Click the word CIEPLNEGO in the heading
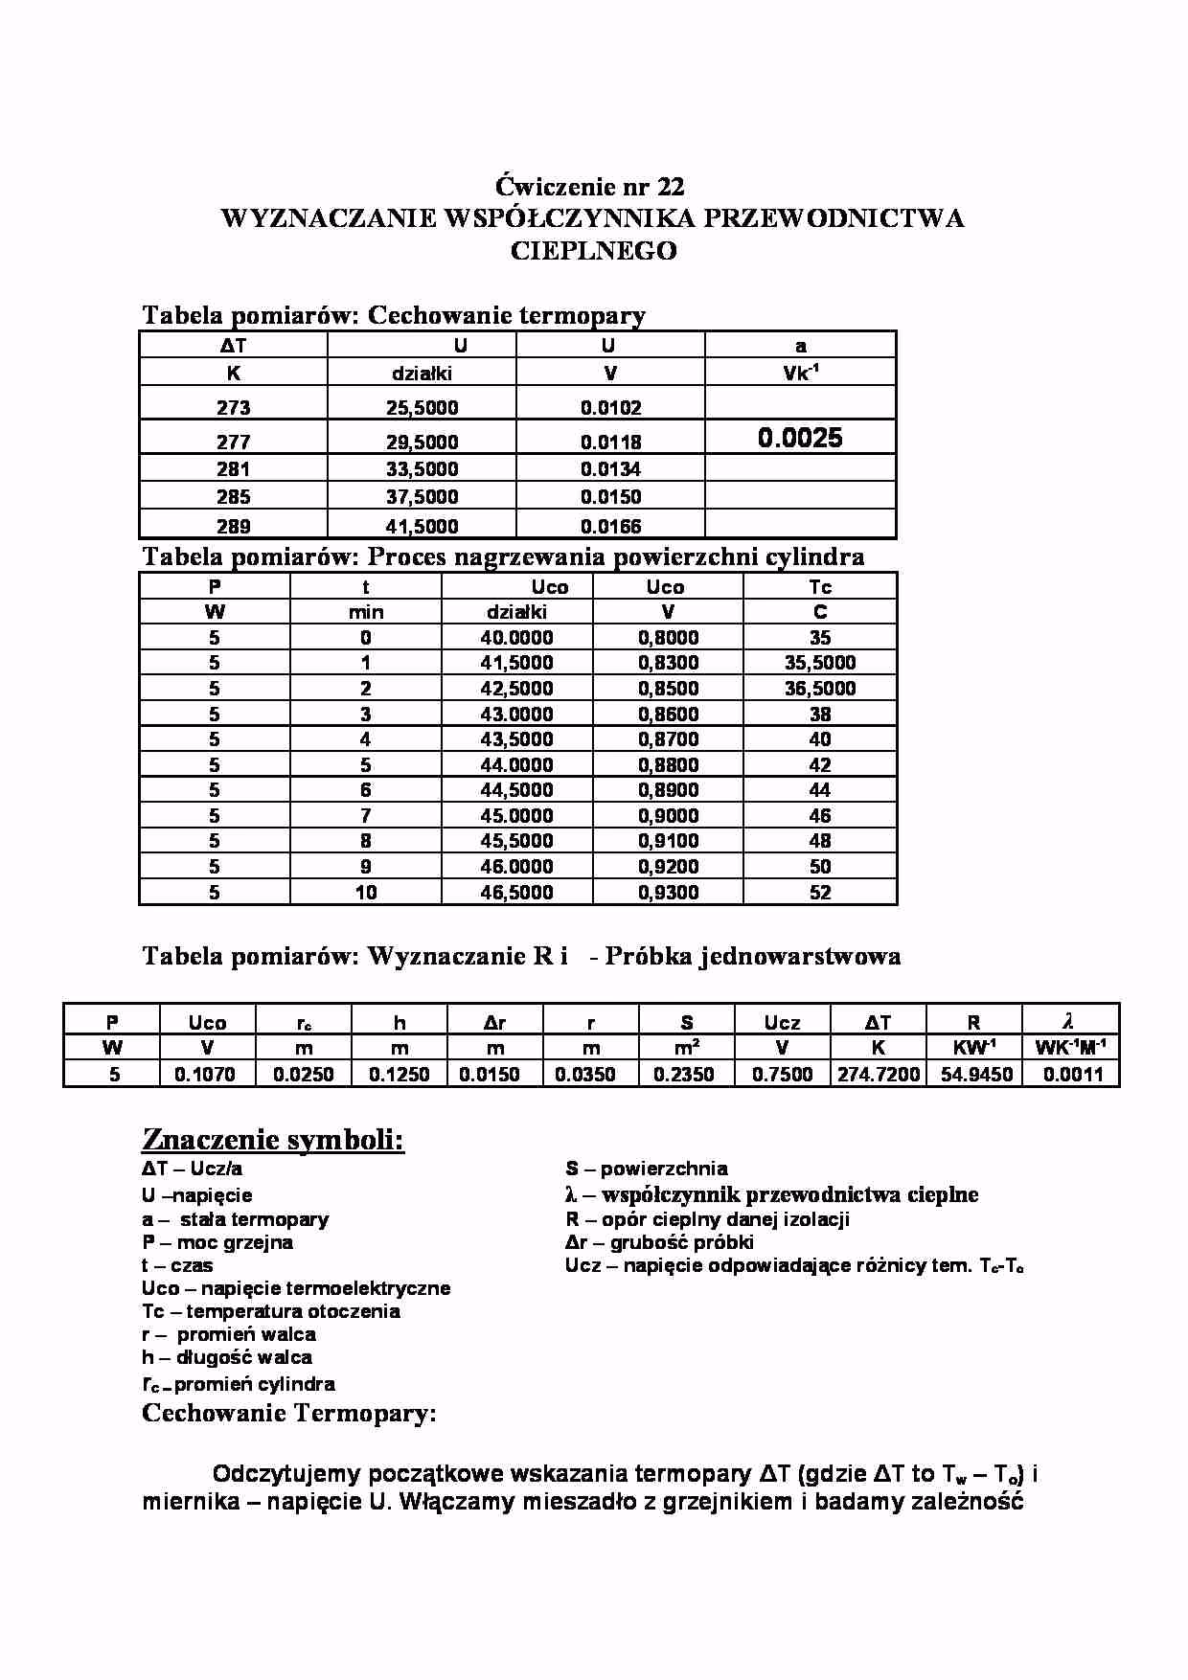[593, 251]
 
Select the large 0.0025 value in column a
[800, 439]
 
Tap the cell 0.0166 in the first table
[610, 526]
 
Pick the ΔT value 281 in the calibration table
[233, 469]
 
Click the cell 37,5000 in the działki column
[422, 497]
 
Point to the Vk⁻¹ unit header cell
[800, 374]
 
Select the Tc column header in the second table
[819, 587]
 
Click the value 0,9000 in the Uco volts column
[668, 816]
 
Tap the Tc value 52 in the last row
[819, 893]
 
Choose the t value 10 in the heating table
[365, 893]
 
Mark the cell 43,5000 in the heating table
[516, 739]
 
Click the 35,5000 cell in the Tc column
[819, 663]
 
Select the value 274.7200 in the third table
[878, 1075]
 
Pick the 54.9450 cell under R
[975, 1075]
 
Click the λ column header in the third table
[1070, 1022]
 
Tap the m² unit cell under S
[686, 1048]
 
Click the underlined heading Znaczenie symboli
[273, 1140]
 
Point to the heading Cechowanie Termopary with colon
[288, 1414]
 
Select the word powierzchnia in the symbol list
[664, 1169]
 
